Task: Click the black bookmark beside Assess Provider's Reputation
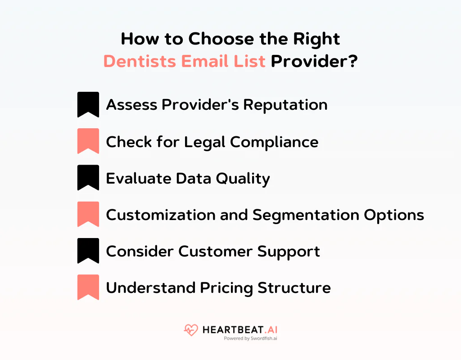coord(88,104)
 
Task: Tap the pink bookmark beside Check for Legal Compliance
coord(88,141)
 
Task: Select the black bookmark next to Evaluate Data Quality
coord(88,178)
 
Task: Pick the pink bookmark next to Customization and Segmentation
coord(88,214)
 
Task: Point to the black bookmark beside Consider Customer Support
coord(88,251)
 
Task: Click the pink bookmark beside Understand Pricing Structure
coord(88,287)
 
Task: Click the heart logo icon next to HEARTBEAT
coord(191,330)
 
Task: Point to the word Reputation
coord(285,105)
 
